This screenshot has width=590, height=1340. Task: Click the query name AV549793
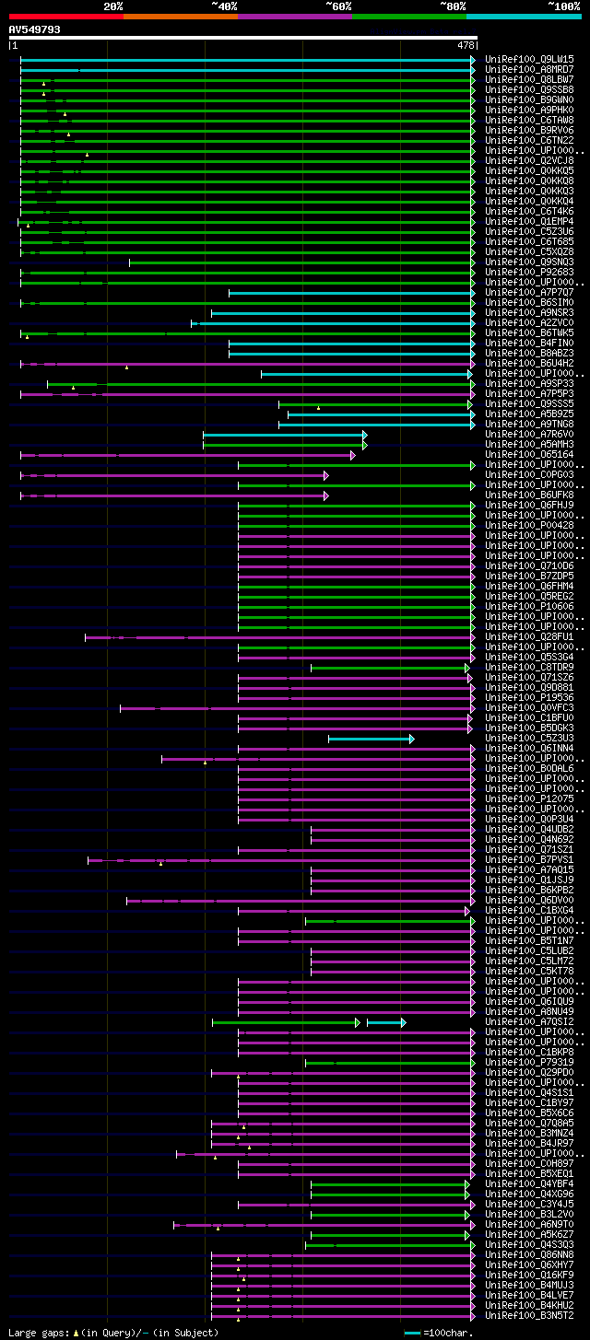point(35,29)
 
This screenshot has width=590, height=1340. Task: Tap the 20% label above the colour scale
point(112,6)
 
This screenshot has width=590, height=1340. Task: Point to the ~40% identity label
point(224,6)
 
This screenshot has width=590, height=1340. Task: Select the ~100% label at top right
point(563,6)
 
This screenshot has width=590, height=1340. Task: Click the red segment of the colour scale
point(65,17)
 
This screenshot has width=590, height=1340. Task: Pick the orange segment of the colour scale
point(180,17)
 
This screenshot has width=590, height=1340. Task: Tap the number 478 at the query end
point(466,45)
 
